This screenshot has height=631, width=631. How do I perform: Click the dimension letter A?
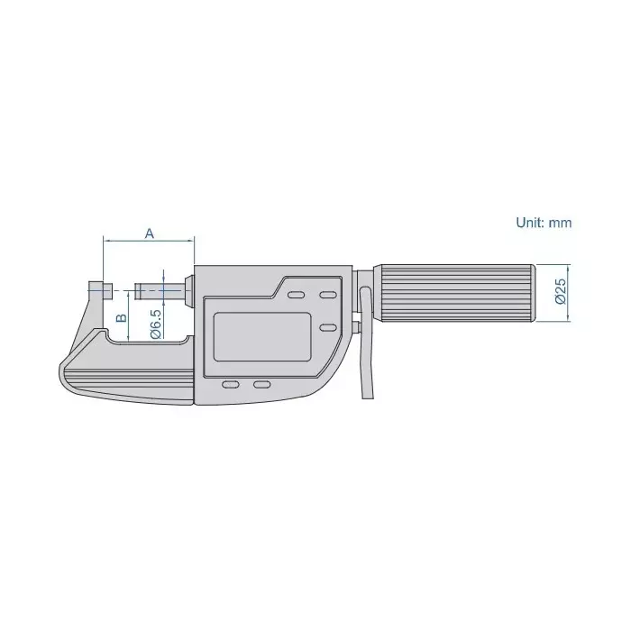point(151,233)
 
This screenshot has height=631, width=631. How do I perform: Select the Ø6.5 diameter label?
point(155,323)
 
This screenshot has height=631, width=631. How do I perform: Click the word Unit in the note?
point(528,222)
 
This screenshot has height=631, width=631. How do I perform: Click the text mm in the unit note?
point(562,222)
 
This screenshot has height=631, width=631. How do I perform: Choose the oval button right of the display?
point(328,327)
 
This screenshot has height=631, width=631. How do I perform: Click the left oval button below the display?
point(231,385)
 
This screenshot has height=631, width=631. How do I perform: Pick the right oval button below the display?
point(261,385)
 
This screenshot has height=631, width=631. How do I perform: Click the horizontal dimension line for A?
point(149,242)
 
